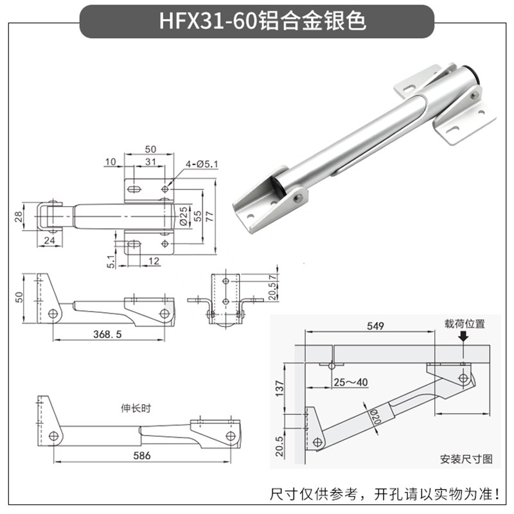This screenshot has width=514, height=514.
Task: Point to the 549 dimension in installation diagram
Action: [376, 326]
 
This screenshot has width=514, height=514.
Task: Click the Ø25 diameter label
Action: [184, 215]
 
